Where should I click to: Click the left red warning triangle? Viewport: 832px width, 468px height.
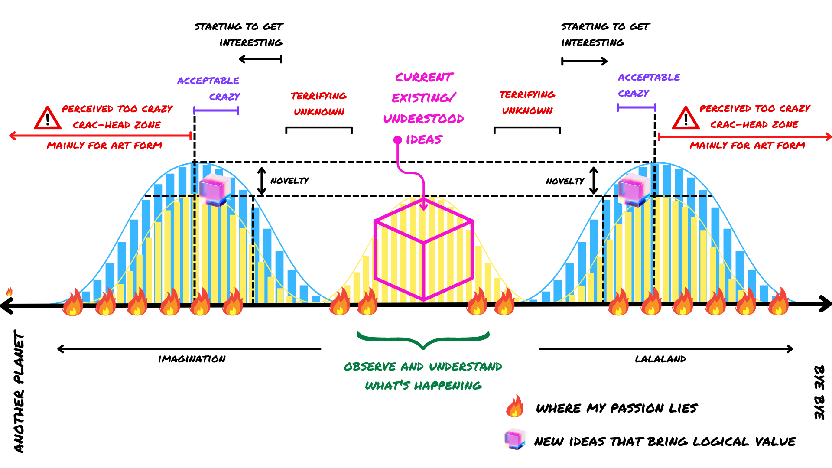click(x=48, y=118)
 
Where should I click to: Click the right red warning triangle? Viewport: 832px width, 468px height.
click(x=686, y=118)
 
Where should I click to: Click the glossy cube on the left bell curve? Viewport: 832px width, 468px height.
click(x=214, y=190)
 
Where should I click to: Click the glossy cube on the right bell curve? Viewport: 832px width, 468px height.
click(x=634, y=190)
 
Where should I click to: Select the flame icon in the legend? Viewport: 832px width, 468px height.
click(x=515, y=406)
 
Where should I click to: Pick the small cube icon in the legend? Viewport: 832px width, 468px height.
click(x=515, y=439)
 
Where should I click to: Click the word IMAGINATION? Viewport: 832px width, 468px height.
click(x=192, y=359)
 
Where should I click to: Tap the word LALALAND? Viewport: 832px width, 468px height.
click(x=660, y=359)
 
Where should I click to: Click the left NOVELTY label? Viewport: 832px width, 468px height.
click(x=289, y=181)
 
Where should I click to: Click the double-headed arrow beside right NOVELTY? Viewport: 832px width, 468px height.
click(x=594, y=181)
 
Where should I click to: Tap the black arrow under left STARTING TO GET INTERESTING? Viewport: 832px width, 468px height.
click(x=260, y=59)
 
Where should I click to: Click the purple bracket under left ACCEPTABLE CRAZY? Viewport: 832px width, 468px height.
click(x=216, y=110)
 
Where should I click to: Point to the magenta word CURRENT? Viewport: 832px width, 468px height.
click(x=424, y=77)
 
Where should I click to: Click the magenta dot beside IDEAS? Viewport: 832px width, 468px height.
click(x=397, y=140)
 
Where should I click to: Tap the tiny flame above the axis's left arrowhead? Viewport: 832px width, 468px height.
click(x=9, y=291)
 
